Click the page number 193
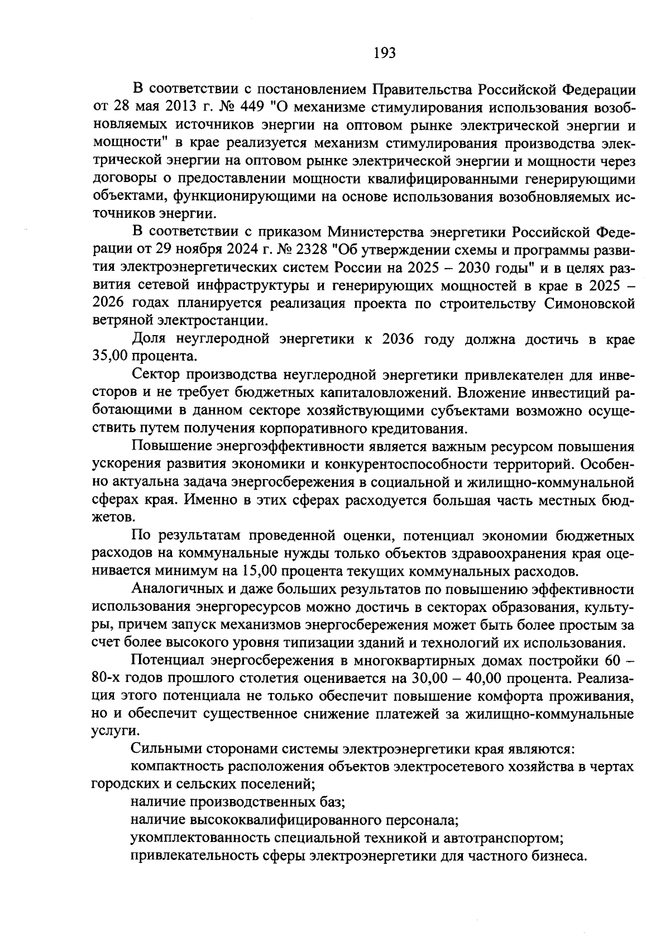[x=384, y=53]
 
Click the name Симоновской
[x=588, y=303]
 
